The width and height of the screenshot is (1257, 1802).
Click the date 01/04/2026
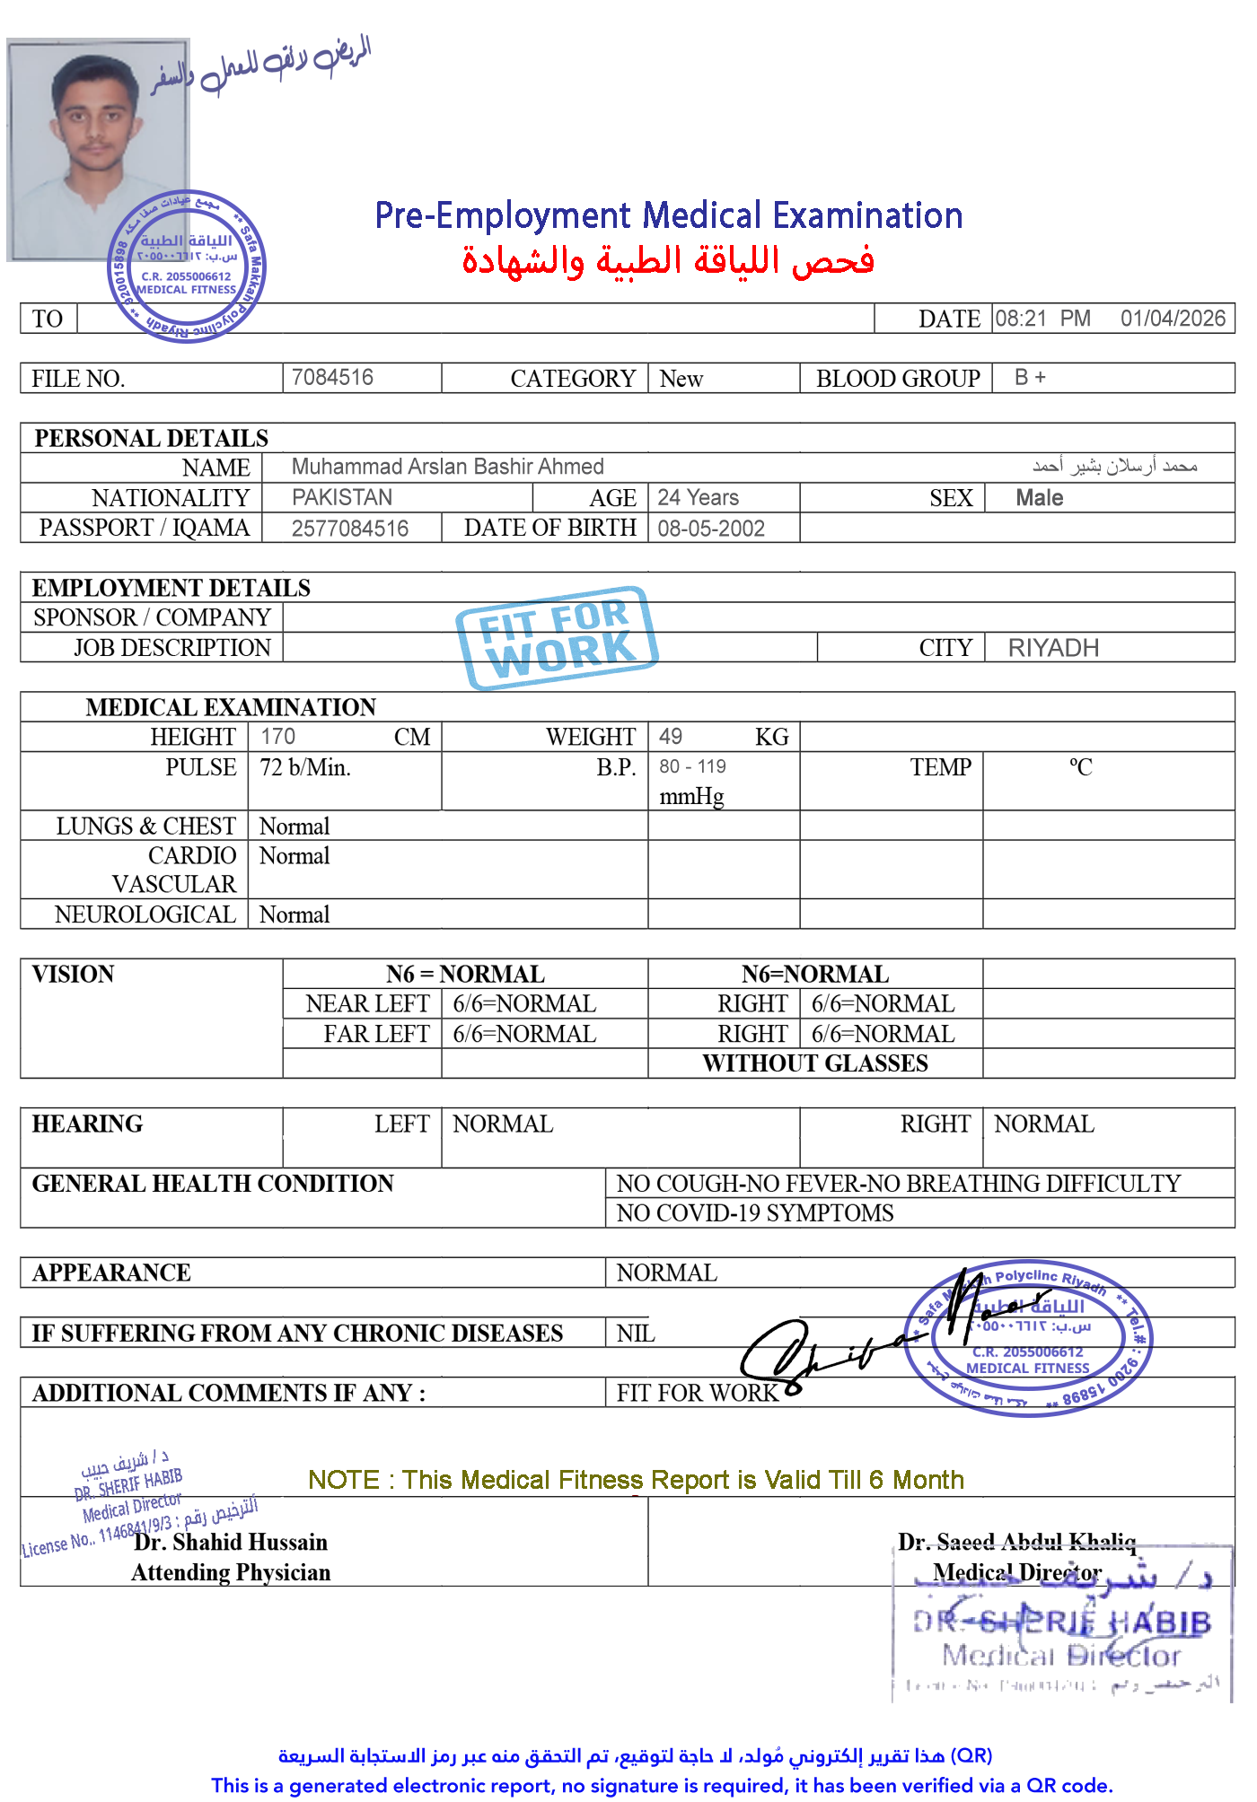point(1172,319)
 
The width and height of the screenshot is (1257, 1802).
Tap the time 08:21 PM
point(1042,319)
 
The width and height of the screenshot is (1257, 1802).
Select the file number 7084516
point(332,377)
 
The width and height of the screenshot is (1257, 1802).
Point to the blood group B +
point(1030,377)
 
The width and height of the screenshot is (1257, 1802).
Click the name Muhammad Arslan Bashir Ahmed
point(447,467)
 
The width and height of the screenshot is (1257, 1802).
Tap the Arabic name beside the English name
point(1114,465)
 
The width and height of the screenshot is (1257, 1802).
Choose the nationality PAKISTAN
point(342,497)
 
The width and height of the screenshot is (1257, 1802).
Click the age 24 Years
point(698,497)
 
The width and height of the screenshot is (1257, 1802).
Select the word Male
point(1039,498)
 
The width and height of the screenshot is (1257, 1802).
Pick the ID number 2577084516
point(349,529)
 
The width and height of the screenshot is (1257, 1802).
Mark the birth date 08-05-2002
point(710,529)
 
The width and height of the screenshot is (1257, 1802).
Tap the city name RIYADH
point(1053,648)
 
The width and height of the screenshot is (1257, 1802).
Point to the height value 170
point(277,737)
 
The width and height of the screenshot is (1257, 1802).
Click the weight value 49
point(670,737)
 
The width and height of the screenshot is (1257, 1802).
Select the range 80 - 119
point(692,767)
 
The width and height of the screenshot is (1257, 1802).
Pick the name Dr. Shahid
point(188,1542)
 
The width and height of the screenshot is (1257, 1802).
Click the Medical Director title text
point(1016,1572)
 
